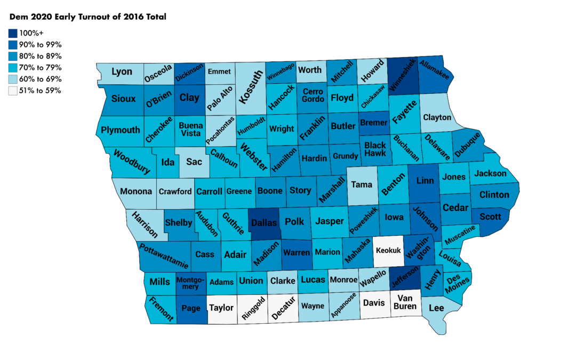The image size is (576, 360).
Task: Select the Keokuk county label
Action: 388,250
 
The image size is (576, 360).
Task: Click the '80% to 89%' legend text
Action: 43,56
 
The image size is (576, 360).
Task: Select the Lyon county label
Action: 122,71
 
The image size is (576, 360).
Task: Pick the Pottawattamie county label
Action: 164,255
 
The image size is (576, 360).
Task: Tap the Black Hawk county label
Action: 375,149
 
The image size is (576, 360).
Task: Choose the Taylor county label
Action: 221,308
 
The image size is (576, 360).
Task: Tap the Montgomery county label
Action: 190,283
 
